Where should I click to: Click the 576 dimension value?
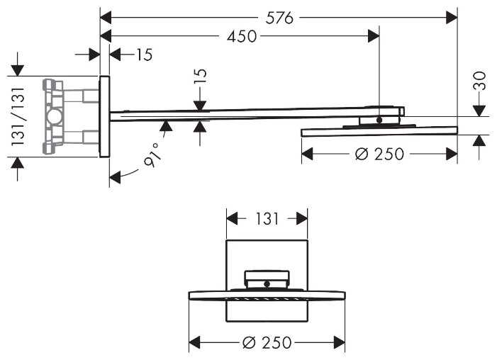coord(279,18)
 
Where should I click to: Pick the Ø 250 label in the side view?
coord(379,153)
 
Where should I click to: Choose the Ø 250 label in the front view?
coord(266,343)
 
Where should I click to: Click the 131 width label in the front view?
coord(266,219)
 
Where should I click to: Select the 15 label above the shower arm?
coord(201,77)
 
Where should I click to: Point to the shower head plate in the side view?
coord(379,130)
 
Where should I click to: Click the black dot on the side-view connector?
coord(379,120)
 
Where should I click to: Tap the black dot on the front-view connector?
coord(267,283)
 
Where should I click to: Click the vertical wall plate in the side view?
coord(104,116)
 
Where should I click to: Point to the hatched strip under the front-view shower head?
coord(267,300)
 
